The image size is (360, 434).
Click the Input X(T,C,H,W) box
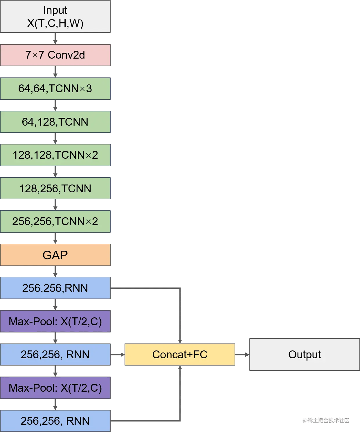click(x=55, y=17)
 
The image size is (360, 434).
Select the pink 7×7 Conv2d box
click(x=55, y=55)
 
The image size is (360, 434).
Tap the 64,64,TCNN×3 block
click(x=55, y=88)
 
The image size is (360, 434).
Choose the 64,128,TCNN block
click(x=55, y=122)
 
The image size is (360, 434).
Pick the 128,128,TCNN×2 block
click(x=55, y=155)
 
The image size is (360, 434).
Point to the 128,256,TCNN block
click(x=55, y=189)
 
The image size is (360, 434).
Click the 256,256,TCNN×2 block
click(x=55, y=222)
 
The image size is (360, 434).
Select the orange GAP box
click(x=55, y=255)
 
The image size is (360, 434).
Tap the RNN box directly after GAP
click(x=55, y=288)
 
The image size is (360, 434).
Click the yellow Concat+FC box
click(x=180, y=355)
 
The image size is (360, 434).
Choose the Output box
click(x=304, y=354)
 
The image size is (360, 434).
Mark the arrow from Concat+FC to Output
click(x=242, y=355)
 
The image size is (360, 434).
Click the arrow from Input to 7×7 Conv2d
click(x=55, y=39)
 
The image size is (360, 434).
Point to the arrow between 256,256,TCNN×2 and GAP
click(x=55, y=238)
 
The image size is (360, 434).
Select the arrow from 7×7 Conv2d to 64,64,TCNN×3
click(x=55, y=72)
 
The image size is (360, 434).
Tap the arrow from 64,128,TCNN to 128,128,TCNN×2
click(x=55, y=139)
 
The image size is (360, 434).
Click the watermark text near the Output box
click(x=326, y=420)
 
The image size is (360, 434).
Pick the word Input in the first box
click(x=55, y=10)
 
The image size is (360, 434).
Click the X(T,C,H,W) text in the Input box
click(x=55, y=23)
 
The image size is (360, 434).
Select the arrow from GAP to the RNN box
click(x=55, y=272)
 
